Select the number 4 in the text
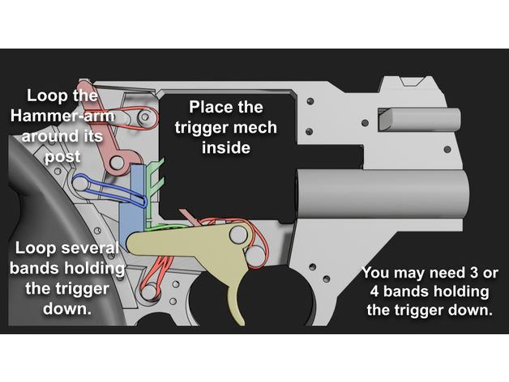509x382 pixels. pyautogui.click(x=372, y=291)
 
